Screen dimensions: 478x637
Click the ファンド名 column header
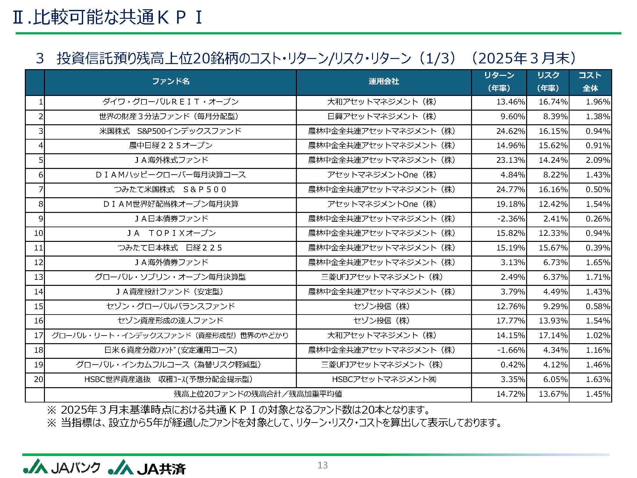pyautogui.click(x=171, y=82)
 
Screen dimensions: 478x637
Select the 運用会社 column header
pyautogui.click(x=384, y=82)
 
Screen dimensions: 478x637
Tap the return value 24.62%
pyautogui.click(x=510, y=131)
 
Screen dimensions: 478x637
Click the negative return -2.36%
pyautogui.click(x=511, y=219)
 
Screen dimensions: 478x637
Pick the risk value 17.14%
pyautogui.click(x=553, y=336)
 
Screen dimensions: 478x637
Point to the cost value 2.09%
pyautogui.click(x=598, y=160)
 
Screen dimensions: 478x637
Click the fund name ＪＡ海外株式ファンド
pyautogui.click(x=171, y=160)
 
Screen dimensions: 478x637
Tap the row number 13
pyautogui.click(x=38, y=277)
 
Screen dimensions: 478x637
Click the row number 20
pyautogui.click(x=38, y=380)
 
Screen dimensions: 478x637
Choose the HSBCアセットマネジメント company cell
pyautogui.click(x=384, y=380)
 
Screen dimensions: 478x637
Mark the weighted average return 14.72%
pyautogui.click(x=510, y=394)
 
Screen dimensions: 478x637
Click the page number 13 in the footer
pyautogui.click(x=322, y=465)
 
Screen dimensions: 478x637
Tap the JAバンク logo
pyautogui.click(x=61, y=467)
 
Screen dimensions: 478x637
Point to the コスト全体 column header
pyautogui.click(x=590, y=82)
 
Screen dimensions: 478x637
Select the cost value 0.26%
pyautogui.click(x=598, y=219)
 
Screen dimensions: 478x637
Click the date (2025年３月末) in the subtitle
pyautogui.click(x=524, y=58)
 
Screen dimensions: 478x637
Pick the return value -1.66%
pyautogui.click(x=511, y=350)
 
